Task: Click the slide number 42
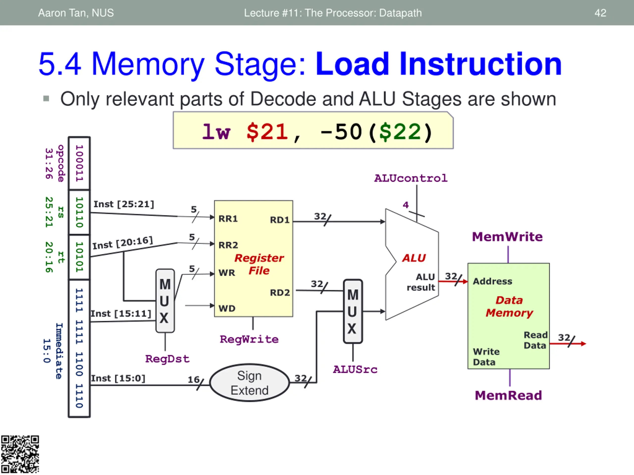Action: coord(600,13)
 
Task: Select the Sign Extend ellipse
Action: coord(249,383)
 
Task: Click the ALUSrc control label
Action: coord(355,370)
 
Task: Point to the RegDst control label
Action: coord(167,359)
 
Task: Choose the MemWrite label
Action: coord(507,237)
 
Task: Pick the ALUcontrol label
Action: coord(411,178)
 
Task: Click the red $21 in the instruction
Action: coord(267,132)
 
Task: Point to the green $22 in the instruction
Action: coord(400,132)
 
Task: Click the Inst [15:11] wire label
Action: coord(121,314)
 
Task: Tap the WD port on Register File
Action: coord(227,308)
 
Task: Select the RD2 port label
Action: coord(280,293)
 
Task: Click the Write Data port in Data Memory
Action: coord(486,357)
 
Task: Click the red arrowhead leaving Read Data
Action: coord(583,344)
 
